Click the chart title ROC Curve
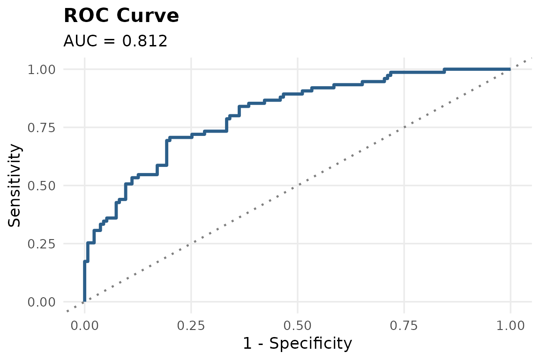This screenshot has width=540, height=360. click(121, 16)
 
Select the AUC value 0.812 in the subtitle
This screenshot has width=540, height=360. click(145, 41)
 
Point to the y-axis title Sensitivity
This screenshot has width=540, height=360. click(15, 185)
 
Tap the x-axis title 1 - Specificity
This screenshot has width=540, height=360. click(298, 344)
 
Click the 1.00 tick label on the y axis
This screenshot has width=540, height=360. click(41, 69)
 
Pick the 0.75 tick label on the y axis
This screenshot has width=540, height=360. click(41, 128)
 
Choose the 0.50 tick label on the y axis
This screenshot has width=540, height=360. click(41, 186)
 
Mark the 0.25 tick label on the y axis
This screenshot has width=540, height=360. click(41, 244)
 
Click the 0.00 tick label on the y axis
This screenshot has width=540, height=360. click(41, 302)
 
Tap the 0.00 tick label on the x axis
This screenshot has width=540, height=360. click(85, 326)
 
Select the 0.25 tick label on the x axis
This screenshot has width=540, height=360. click(191, 326)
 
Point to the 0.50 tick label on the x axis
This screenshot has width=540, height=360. click(298, 326)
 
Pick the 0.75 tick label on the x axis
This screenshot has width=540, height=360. click(404, 326)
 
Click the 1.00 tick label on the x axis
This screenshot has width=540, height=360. click(510, 326)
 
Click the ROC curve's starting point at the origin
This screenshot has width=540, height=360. click(85, 301)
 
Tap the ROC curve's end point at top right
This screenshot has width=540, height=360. click(510, 69)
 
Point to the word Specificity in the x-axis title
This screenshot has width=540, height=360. click(311, 344)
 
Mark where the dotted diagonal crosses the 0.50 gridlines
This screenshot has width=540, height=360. click(298, 185)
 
